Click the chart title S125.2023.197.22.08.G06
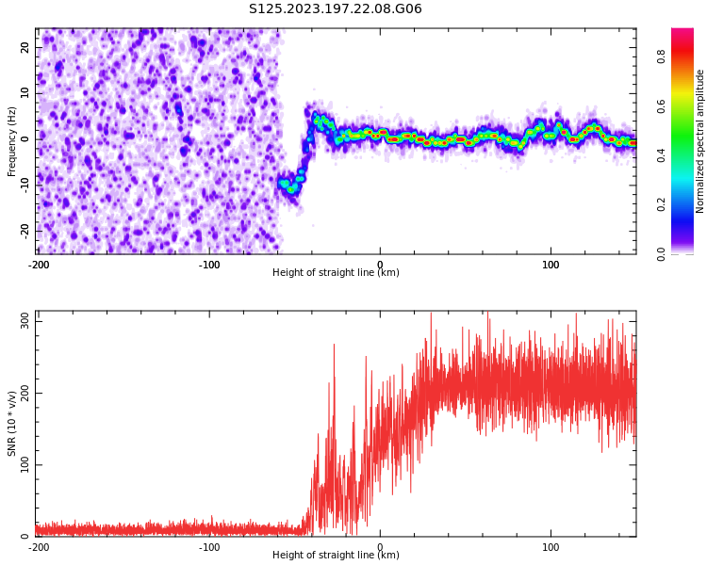click(335, 9)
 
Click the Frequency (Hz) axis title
click(12, 140)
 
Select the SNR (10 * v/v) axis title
click(12, 424)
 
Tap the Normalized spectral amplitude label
click(700, 140)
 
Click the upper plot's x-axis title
click(336, 273)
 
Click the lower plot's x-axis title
click(336, 556)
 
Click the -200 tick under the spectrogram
click(39, 265)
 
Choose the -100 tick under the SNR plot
click(209, 547)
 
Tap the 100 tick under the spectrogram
click(551, 265)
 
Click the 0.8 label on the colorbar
click(662, 56)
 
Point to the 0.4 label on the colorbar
click(662, 155)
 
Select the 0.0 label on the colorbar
click(662, 253)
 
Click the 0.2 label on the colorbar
click(662, 204)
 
